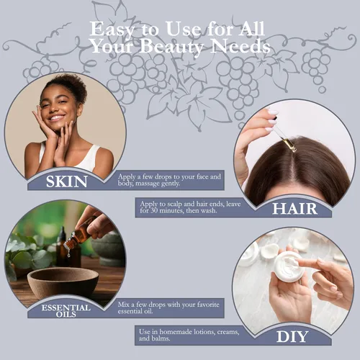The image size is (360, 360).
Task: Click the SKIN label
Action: point(66,181)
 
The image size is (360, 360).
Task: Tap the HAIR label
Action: point(295,209)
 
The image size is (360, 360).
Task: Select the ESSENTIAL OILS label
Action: point(66,311)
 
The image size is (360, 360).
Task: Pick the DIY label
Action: point(292,336)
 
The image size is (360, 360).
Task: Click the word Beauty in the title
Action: point(171,47)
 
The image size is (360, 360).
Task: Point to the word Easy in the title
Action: point(112,30)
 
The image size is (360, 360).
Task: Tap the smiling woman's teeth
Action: point(57,118)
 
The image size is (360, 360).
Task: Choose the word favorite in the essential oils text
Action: point(208,305)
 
